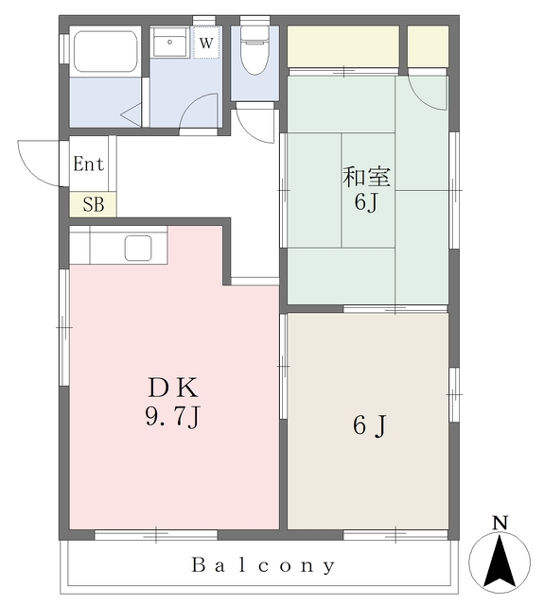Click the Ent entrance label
tap(89, 164)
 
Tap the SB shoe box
tap(93, 204)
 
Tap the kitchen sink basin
tap(138, 248)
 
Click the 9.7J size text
tap(171, 416)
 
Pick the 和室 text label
tap(366, 177)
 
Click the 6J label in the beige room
tap(369, 426)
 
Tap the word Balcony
tap(264, 566)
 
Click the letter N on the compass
tap(500, 523)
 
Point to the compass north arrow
tap(500, 560)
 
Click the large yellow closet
tap(342, 46)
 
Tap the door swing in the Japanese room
tap(430, 93)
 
